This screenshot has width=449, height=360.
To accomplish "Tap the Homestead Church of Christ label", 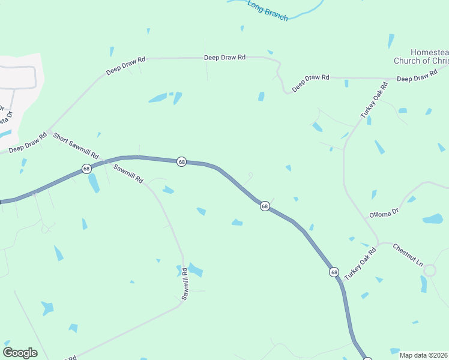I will point(421,56).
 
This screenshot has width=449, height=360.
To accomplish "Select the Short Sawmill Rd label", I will point(76,146).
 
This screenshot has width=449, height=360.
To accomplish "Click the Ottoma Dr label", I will point(384,214).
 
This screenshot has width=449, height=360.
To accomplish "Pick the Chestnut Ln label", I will point(408,255).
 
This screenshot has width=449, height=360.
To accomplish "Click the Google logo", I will point(20,352).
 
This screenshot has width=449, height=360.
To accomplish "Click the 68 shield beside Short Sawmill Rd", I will point(87,169).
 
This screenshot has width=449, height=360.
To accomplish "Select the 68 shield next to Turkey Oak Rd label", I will point(334,272).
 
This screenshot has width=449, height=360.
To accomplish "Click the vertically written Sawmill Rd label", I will point(185,284).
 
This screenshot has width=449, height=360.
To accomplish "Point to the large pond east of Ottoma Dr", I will point(433,219).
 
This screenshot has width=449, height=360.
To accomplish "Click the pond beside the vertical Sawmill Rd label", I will point(194,269).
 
